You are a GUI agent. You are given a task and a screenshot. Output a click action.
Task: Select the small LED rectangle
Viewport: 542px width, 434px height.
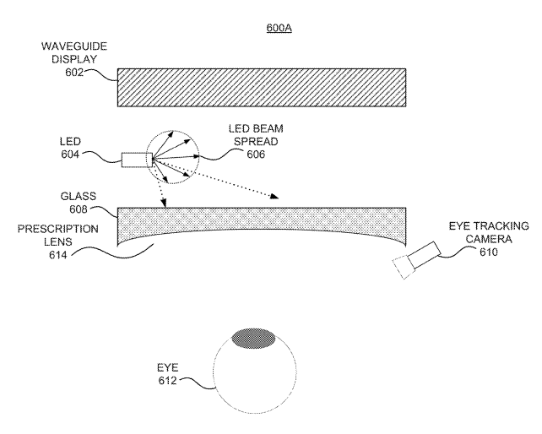pyautogui.click(x=134, y=160)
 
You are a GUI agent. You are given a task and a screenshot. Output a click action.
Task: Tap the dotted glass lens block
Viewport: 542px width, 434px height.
pyautogui.click(x=262, y=223)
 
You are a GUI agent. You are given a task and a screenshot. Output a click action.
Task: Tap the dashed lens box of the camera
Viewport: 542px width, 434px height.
pyautogui.click(x=404, y=267)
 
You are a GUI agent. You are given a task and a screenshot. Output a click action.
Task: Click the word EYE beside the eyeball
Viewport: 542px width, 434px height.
pyautogui.click(x=168, y=368)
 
